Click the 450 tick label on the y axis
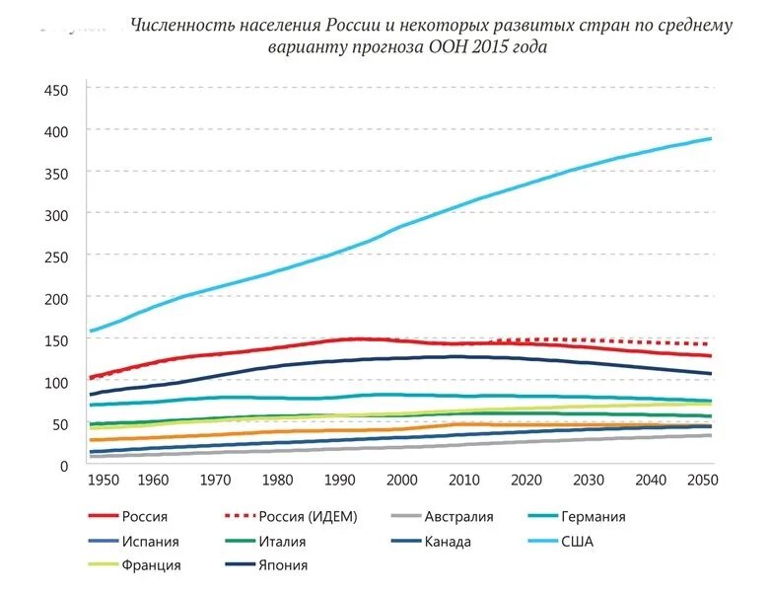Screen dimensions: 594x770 pyautogui.click(x=55, y=90)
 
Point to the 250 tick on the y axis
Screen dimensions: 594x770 pyautogui.click(x=55, y=257)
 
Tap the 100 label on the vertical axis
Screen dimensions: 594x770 pyautogui.click(x=55, y=382)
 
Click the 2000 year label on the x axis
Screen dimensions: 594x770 pyautogui.click(x=402, y=479)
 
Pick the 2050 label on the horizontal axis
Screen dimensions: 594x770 pyautogui.click(x=702, y=479)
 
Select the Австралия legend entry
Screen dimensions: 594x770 pyautogui.click(x=458, y=516)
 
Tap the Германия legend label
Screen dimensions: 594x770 pyautogui.click(x=595, y=516)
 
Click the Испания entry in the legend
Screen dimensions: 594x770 pyautogui.click(x=150, y=541)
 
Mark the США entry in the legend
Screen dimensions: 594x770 pyautogui.click(x=579, y=541)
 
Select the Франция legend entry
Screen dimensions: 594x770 pyautogui.click(x=153, y=565)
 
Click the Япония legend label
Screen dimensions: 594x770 pyautogui.click(x=284, y=565)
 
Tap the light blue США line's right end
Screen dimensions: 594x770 pyautogui.click(x=711, y=138)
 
